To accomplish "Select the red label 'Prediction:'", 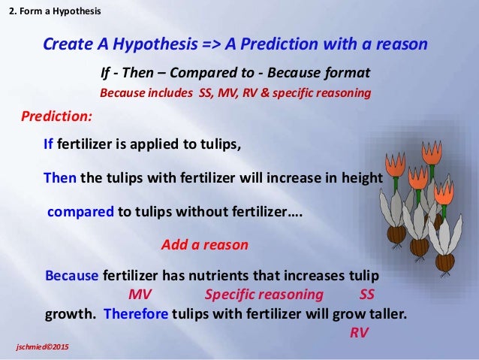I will (x=56, y=117).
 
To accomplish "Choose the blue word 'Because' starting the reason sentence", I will (x=71, y=275).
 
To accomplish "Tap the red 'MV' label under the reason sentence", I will (x=140, y=294).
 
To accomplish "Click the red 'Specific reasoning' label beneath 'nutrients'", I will (x=264, y=294).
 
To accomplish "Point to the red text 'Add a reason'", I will (x=204, y=245).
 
